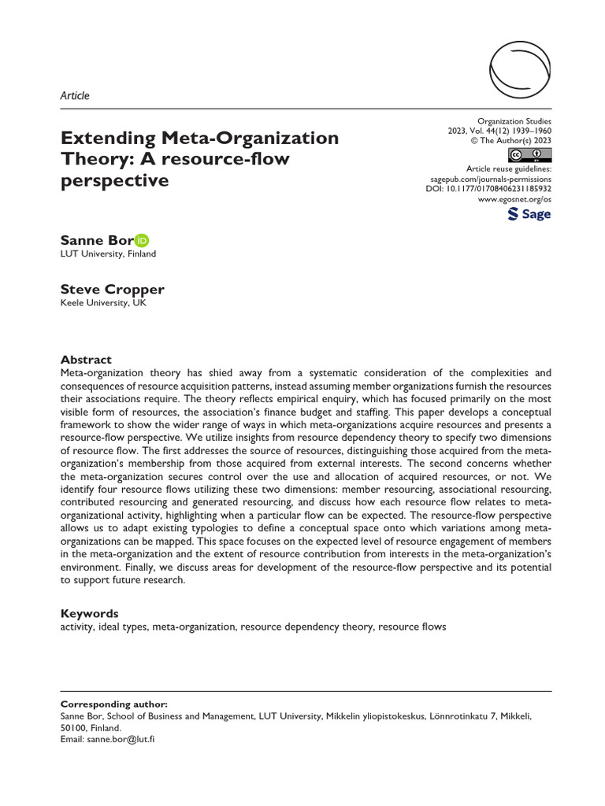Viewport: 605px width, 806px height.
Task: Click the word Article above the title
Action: click(x=75, y=96)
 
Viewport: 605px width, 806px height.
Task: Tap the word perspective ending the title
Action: click(x=115, y=180)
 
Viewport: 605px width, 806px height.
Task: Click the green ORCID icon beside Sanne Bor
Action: click(x=142, y=240)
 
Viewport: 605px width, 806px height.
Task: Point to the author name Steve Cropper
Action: click(x=113, y=289)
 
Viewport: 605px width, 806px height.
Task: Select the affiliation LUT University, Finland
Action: click(x=108, y=254)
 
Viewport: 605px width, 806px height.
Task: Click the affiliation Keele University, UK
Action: click(x=102, y=302)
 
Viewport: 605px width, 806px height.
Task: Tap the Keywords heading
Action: click(x=89, y=613)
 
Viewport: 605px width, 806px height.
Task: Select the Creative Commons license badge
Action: click(x=530, y=153)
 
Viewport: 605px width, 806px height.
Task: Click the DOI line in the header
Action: click(x=488, y=190)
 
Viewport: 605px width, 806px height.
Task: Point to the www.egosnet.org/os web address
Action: click(x=515, y=201)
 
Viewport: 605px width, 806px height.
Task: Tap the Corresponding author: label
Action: click(x=114, y=704)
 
